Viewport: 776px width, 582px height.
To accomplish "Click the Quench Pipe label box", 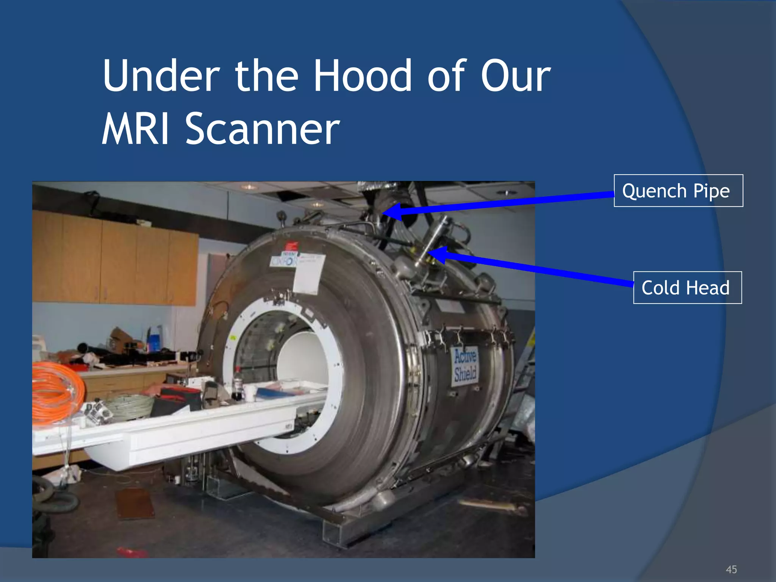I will pos(678,191).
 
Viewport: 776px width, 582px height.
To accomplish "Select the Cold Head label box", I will pos(687,288).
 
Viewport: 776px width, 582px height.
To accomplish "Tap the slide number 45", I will pos(731,569).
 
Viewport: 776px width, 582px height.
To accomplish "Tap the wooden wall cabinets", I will pos(114,258).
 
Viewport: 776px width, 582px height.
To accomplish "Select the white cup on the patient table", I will pos(250,393).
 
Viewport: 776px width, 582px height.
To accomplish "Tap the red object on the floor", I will pos(131,552).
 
